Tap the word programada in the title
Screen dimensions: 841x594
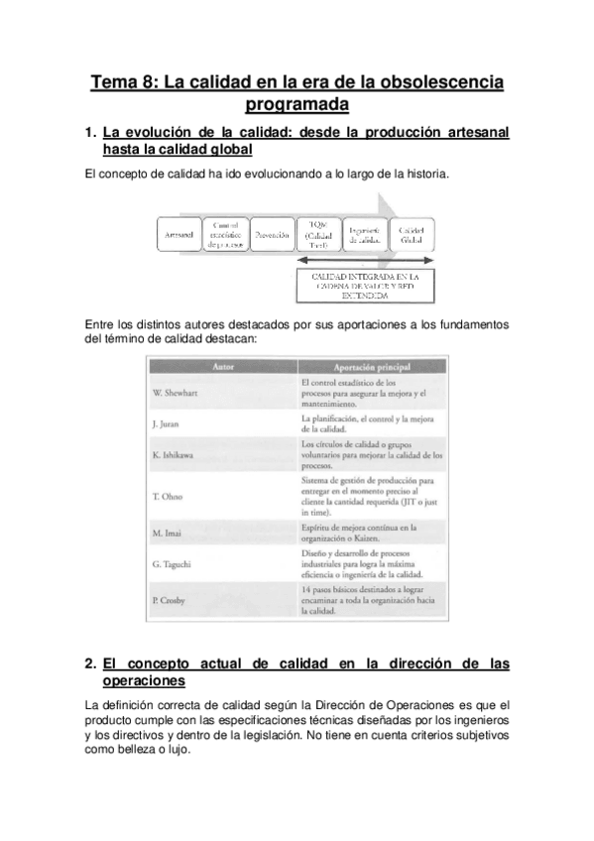297,104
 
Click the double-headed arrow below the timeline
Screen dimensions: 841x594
365,262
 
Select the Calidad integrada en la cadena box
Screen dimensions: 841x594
365,285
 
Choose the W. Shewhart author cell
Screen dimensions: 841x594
178,394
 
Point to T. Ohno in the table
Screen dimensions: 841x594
169,496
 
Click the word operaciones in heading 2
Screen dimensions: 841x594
144,682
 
